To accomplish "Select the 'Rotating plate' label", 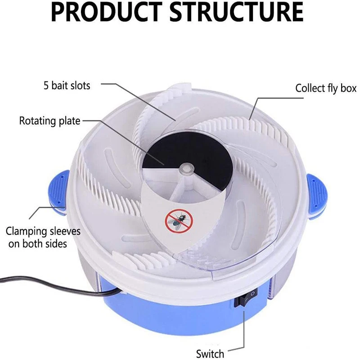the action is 49,121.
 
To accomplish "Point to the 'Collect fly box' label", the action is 325,88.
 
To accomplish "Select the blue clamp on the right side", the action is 316,191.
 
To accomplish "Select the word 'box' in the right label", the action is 348,88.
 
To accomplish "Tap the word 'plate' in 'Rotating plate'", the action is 69,121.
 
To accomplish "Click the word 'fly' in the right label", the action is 332,88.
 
